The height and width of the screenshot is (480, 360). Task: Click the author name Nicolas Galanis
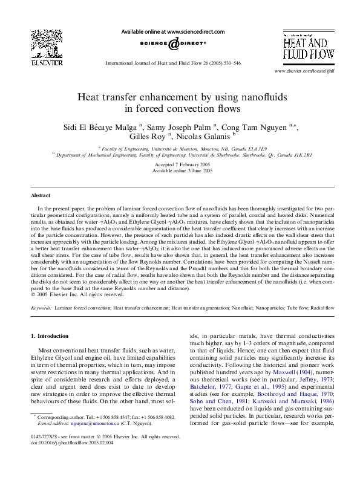(205, 137)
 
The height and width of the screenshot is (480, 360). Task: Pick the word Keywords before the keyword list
(41, 308)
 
